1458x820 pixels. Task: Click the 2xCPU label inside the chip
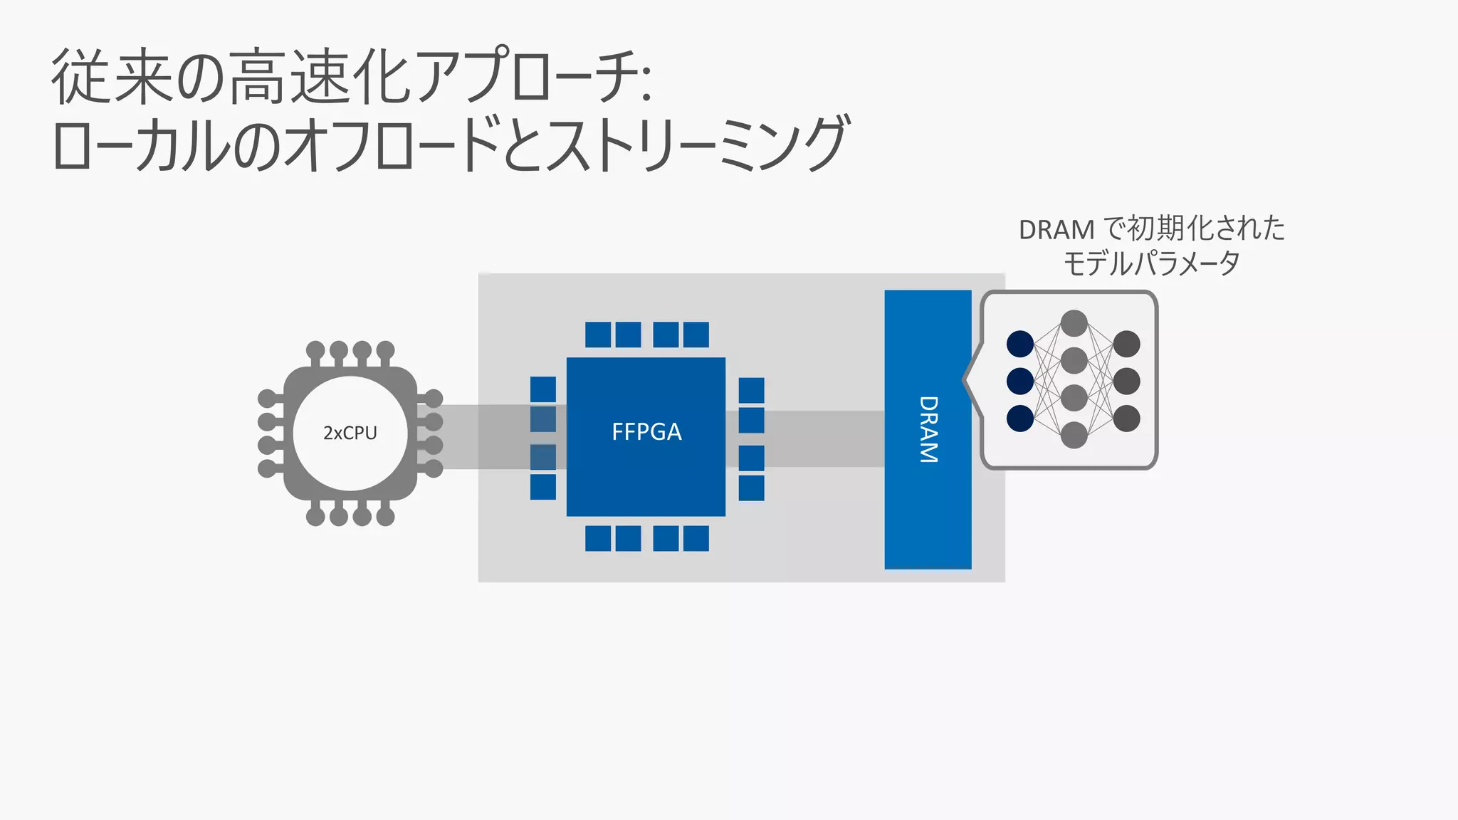coord(350,433)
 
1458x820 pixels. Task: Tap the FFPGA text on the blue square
coord(646,432)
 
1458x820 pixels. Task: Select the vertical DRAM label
coord(928,429)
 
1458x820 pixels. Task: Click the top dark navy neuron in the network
coord(1019,344)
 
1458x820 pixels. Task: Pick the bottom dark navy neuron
coord(1019,418)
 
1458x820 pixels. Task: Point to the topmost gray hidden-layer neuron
coord(1074,323)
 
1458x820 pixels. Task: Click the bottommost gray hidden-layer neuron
coord(1074,435)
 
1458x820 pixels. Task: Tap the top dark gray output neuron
coord(1126,344)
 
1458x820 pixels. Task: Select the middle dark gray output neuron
coord(1126,381)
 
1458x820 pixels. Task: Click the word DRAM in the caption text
coord(1056,230)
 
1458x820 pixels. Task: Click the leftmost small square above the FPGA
coord(597,335)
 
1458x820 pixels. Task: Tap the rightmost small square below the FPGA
coord(696,538)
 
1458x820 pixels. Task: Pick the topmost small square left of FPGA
coord(542,389)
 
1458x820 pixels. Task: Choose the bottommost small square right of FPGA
coord(751,488)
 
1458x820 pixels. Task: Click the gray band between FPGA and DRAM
coord(804,438)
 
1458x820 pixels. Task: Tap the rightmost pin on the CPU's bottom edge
coord(385,515)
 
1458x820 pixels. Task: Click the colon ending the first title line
coord(645,85)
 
